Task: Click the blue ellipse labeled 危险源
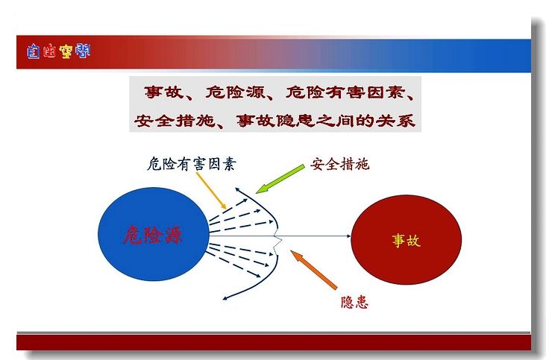pos(154,234)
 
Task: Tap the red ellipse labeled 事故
pos(407,240)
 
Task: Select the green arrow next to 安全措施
pos(280,179)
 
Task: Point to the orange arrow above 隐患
pos(314,270)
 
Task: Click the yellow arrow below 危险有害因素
pos(211,191)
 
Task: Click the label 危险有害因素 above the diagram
pos(192,164)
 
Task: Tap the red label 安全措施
pos(339,164)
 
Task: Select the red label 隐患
pos(354,303)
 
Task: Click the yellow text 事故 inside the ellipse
pos(407,240)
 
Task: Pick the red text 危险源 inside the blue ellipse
pos(153,235)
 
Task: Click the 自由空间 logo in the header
pos(58,51)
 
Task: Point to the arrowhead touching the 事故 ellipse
pos(348,236)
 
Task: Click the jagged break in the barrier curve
pos(277,240)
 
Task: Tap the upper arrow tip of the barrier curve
pos(236,189)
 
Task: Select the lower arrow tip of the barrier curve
pos(225,298)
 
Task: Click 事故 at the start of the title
pos(163,92)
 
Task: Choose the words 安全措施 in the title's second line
pos(175,121)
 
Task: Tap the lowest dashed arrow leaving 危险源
pos(233,264)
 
